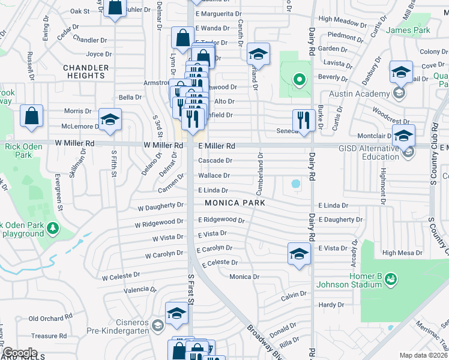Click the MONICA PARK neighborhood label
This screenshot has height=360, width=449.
click(x=235, y=203)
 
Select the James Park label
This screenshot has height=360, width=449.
click(x=408, y=29)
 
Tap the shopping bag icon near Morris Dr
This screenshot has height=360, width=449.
click(x=31, y=116)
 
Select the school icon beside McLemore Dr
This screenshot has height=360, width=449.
click(x=110, y=120)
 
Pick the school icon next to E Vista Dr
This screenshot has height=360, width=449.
click(x=299, y=254)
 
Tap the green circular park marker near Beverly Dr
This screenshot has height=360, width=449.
click(x=299, y=79)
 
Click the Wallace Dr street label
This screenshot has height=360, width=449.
click(x=214, y=176)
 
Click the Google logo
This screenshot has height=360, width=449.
click(x=20, y=353)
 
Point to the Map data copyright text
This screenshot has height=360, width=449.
click(x=424, y=355)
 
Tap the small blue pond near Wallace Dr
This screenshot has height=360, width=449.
click(x=295, y=184)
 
